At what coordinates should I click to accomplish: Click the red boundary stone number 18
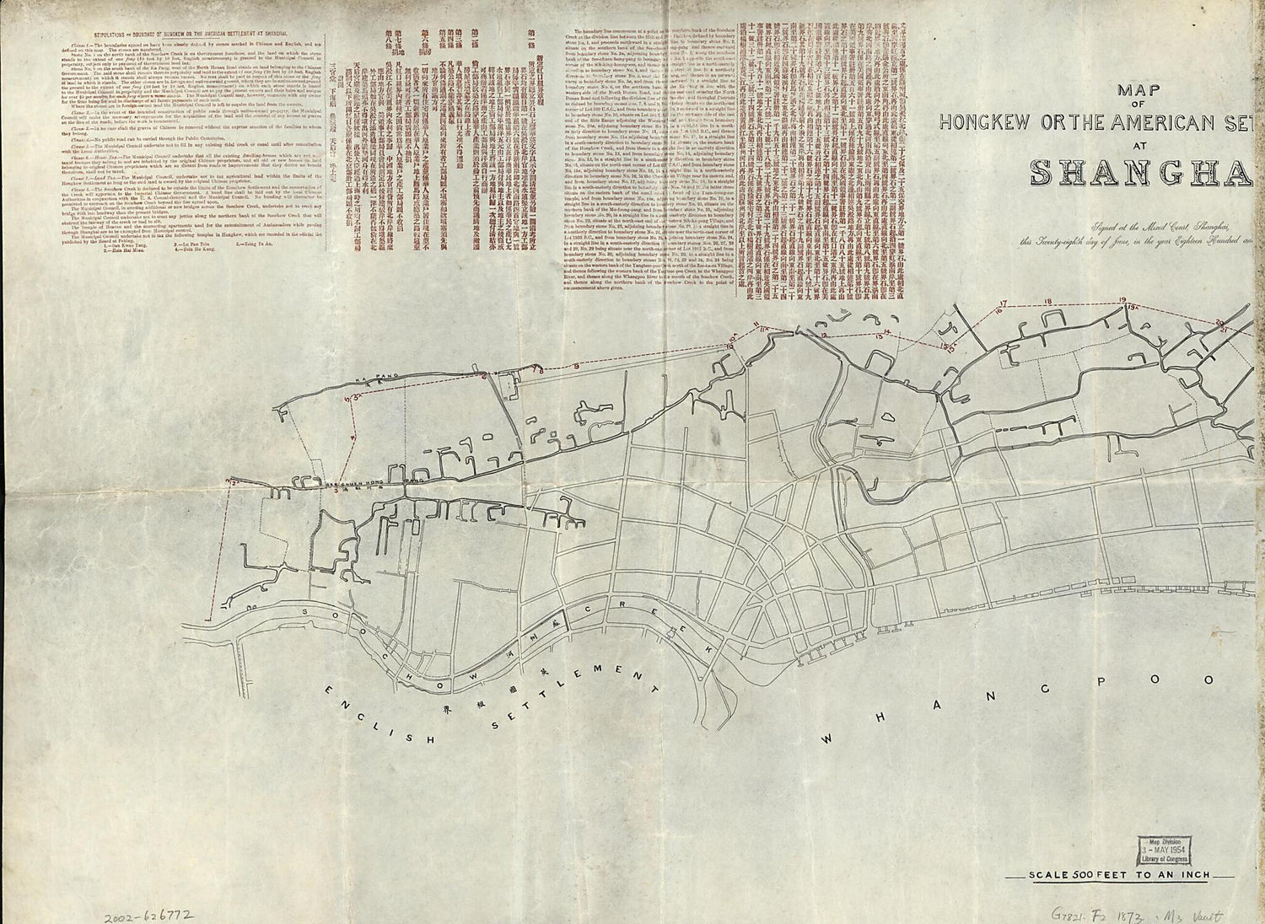click(1047, 301)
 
